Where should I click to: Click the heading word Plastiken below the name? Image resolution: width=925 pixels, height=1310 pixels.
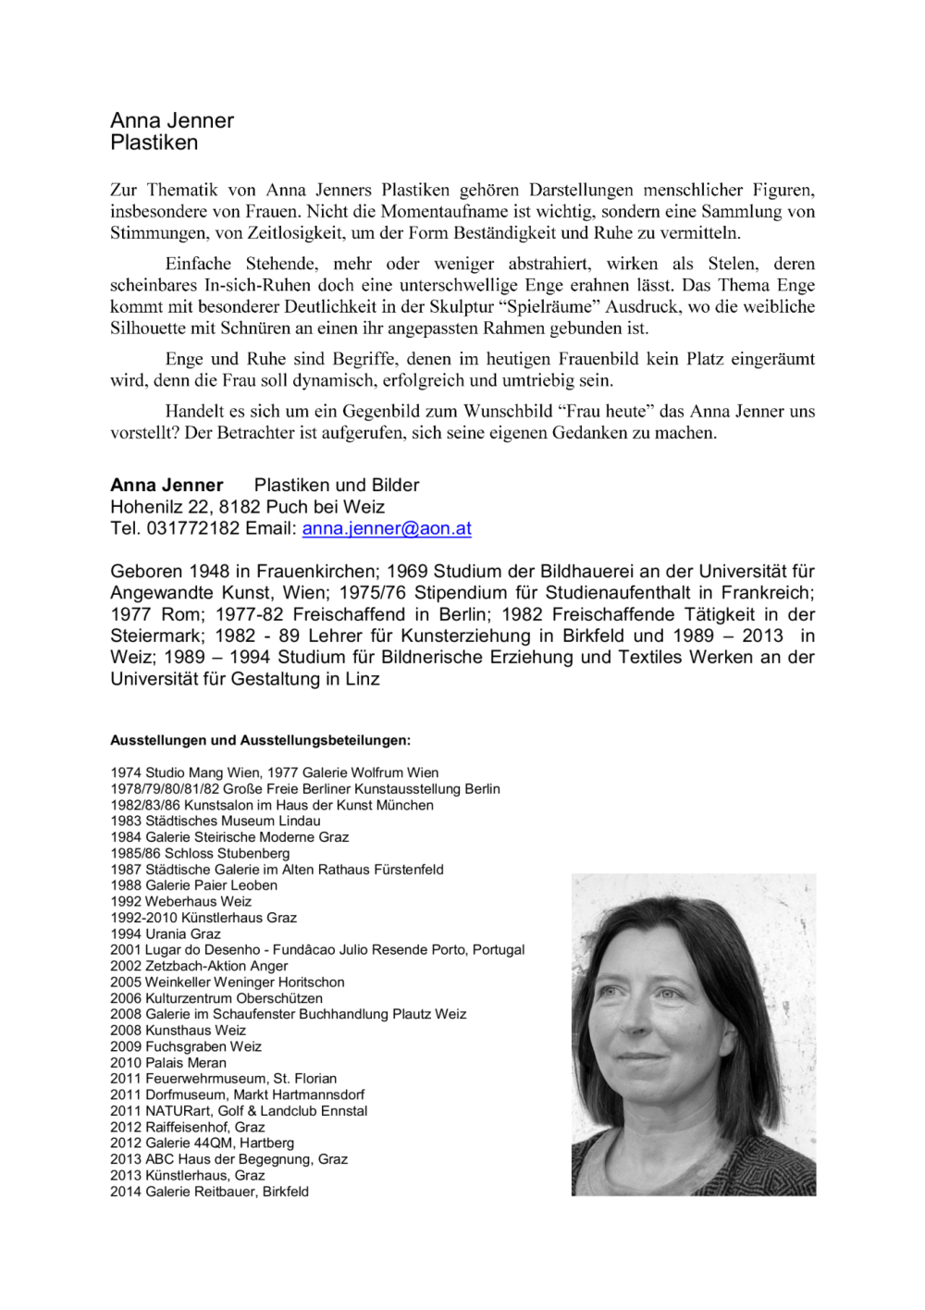pyautogui.click(x=154, y=142)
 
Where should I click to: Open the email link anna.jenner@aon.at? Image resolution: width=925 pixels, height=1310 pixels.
pyautogui.click(x=386, y=528)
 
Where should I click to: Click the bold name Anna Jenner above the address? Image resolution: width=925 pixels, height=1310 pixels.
pyautogui.click(x=166, y=485)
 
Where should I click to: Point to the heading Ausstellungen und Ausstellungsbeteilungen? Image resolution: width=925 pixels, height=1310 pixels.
pyautogui.click(x=260, y=740)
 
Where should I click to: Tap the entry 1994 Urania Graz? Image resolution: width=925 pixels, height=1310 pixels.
pyautogui.click(x=165, y=933)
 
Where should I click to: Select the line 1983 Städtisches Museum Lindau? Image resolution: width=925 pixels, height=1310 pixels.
pyautogui.click(x=215, y=821)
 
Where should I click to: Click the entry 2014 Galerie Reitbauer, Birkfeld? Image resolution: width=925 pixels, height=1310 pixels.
pyautogui.click(x=209, y=1192)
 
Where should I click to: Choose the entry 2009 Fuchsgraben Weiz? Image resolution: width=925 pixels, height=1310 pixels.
pyautogui.click(x=185, y=1046)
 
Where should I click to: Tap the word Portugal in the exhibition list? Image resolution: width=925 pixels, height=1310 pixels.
pyautogui.click(x=498, y=949)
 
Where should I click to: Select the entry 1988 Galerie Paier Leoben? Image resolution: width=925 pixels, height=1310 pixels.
pyautogui.click(x=193, y=885)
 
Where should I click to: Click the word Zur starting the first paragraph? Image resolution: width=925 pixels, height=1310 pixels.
pyautogui.click(x=123, y=190)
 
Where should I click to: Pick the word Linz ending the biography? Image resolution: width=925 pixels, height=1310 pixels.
pyautogui.click(x=362, y=679)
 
